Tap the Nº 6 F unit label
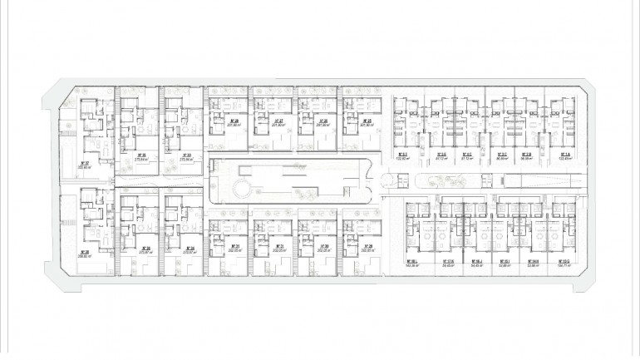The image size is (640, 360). point(401,155)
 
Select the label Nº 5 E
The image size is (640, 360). point(442,155)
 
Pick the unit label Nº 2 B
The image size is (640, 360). point(526,155)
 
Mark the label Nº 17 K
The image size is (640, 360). point(448,260)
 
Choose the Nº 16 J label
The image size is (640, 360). point(476,260)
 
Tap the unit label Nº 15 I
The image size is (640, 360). point(505,260)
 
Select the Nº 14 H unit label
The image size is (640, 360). point(533,260)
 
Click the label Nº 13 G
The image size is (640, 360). point(563,260)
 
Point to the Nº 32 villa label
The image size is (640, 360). point(85,163)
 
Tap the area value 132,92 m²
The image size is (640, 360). point(401,160)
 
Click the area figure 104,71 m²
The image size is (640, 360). point(563,265)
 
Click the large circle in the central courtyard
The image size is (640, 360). point(241,190)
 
